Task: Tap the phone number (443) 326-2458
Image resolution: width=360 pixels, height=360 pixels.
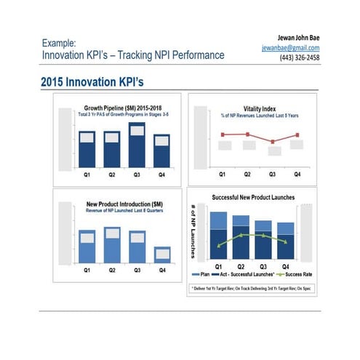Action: (x=300, y=57)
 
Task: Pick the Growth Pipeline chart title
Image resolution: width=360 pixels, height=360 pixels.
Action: (x=121, y=108)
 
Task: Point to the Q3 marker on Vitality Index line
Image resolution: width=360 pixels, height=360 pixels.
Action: (x=272, y=142)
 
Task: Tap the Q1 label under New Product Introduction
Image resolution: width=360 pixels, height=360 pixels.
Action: (x=87, y=270)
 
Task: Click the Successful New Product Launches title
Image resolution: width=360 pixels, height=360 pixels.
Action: (x=253, y=198)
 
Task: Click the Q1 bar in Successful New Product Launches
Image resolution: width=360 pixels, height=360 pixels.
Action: (x=219, y=236)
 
